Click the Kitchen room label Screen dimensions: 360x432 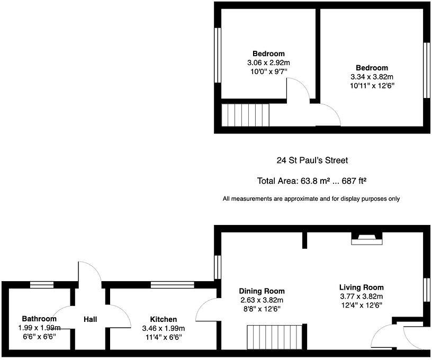click(x=163, y=319)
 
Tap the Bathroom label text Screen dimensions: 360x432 click(x=39, y=319)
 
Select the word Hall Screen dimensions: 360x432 click(x=90, y=319)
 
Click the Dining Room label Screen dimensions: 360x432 click(x=262, y=291)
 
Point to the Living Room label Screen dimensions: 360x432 click(x=361, y=287)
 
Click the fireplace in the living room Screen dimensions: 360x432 click(x=367, y=239)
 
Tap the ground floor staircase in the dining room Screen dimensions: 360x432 click(x=275, y=337)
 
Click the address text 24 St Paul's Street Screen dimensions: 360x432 click(x=312, y=160)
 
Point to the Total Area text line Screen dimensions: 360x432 click(x=312, y=181)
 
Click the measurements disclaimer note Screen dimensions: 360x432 click(x=311, y=199)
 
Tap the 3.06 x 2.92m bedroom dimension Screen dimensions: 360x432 click(x=268, y=62)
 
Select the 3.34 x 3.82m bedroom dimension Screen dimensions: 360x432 click(x=372, y=76)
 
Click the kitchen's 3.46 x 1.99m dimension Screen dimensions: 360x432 click(x=163, y=328)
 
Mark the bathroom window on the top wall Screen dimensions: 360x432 click(x=42, y=285)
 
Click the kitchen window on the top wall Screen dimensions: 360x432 click(x=166, y=285)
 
